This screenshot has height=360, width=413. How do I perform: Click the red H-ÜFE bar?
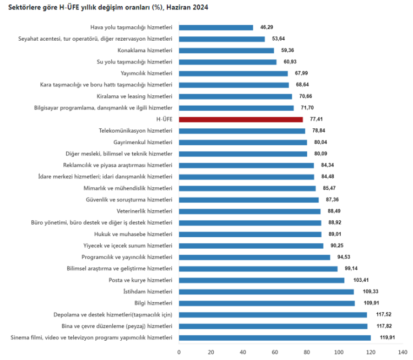pyautogui.click(x=241, y=119)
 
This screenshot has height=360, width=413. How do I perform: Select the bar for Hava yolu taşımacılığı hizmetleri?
pyautogui.click(x=216, y=28)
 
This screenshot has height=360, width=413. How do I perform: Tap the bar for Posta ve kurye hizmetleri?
pyautogui.click(x=262, y=280)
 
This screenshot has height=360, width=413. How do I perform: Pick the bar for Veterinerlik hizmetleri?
pyautogui.click(x=249, y=211)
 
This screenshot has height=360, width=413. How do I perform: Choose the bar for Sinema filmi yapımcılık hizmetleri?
pyautogui.click(x=275, y=337)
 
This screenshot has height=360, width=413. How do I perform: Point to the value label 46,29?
pyautogui.click(x=267, y=28)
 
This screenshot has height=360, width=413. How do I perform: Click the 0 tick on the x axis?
pyautogui.click(x=179, y=352)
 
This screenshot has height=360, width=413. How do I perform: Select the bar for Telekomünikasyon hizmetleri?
pyautogui.click(x=242, y=131)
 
